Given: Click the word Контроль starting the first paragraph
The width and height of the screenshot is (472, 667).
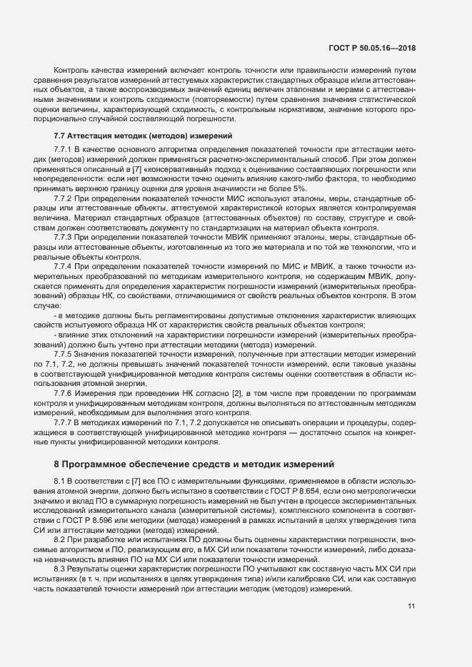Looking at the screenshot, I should click(x=71, y=71).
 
